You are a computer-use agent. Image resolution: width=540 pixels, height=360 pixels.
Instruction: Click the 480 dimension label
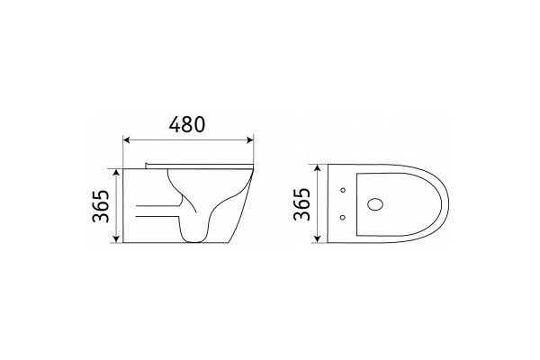186,124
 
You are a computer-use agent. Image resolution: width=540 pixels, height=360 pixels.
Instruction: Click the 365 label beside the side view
101,206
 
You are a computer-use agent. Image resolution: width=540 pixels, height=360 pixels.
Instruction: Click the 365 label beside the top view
302,203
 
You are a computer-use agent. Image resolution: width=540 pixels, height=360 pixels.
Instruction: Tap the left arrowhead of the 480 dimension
126,139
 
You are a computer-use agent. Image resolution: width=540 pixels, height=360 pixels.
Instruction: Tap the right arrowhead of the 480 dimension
250,139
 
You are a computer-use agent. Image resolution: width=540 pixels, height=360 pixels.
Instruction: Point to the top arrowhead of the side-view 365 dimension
116,172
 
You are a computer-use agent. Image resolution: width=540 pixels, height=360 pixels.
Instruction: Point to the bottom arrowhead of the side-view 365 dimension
116,239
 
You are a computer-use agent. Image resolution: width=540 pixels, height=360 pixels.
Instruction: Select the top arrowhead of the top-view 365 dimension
318,167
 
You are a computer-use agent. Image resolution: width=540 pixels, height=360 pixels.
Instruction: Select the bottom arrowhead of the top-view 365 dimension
318,239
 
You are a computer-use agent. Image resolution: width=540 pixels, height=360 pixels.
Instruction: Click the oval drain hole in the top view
375,204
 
